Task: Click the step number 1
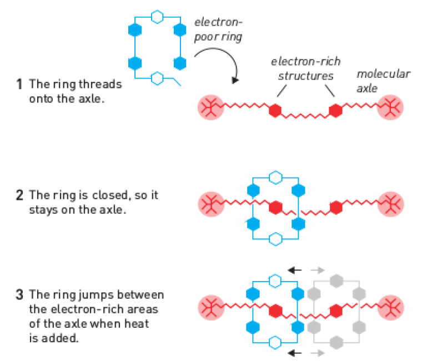[19, 85]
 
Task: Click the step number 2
[19, 195]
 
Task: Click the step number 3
[19, 294]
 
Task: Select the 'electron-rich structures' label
[306, 68]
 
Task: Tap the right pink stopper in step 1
[390, 107]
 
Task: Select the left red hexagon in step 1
[274, 110]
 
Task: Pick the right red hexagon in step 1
[335, 110]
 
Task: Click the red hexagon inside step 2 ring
[274, 208]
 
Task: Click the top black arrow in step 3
[295, 270]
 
